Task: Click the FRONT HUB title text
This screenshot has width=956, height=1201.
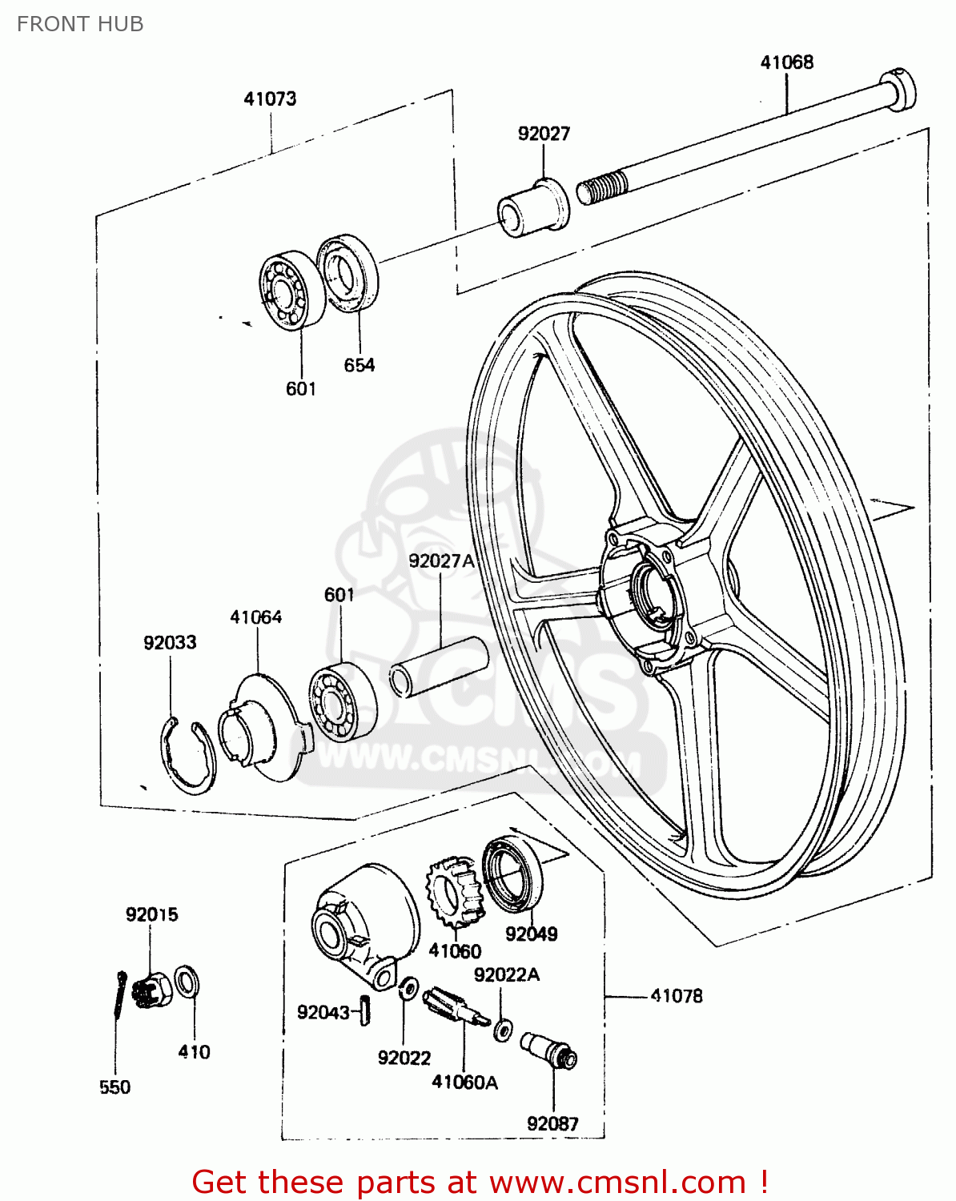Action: pos(80,24)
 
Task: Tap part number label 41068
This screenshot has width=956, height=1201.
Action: pos(786,62)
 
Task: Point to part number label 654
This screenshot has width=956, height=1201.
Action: pos(360,365)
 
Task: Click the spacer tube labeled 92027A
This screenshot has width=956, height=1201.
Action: pos(439,666)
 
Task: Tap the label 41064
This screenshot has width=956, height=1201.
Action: pos(255,617)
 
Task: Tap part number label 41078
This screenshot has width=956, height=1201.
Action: pos(677,996)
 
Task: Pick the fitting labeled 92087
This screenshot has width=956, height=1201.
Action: pos(549,1050)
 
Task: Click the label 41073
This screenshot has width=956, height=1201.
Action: pos(270,99)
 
